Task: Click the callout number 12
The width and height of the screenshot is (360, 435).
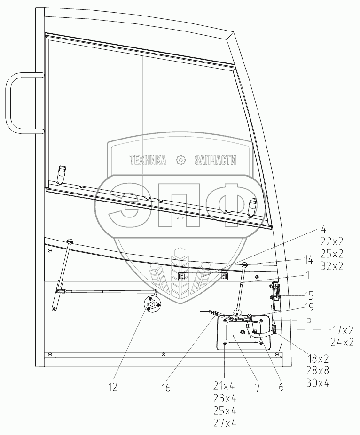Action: tap(113, 387)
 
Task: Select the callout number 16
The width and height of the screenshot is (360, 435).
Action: tap(166, 388)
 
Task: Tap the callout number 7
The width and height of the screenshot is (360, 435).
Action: tap(258, 388)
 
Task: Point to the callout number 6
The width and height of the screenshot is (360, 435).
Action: tap(281, 387)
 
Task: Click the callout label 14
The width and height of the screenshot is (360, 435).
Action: tap(308, 260)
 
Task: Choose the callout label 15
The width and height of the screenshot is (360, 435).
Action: tap(309, 296)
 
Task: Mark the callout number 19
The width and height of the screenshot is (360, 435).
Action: tap(309, 307)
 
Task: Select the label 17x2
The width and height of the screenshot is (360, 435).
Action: tap(343, 330)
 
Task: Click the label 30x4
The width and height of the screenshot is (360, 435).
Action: tap(318, 383)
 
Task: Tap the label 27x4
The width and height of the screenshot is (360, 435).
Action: tap(225, 423)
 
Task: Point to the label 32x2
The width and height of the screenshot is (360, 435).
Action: tap(332, 266)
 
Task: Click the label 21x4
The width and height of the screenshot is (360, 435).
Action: tap(224, 386)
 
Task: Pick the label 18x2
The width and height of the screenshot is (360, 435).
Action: tap(318, 359)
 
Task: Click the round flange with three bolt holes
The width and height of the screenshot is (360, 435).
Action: tap(152, 304)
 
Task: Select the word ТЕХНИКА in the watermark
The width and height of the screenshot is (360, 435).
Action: tap(148, 160)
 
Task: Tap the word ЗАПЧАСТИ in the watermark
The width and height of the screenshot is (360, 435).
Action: tap(215, 160)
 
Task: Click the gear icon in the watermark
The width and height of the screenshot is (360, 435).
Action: tap(180, 160)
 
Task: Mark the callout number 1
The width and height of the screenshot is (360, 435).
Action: tap(307, 275)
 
